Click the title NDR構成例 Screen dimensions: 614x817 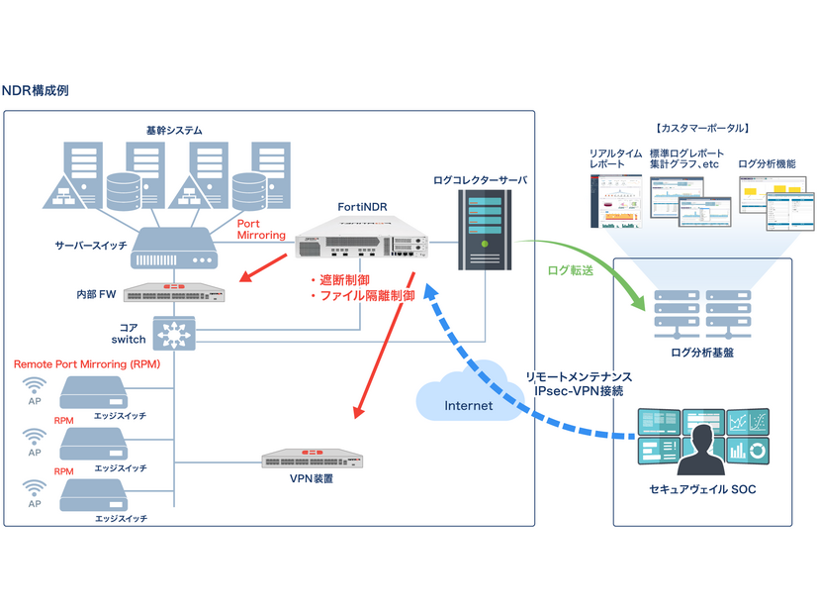click(x=35, y=91)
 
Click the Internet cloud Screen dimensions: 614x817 click(x=467, y=400)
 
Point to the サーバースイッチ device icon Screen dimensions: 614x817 click(x=175, y=248)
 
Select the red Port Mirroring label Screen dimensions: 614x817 click(x=261, y=229)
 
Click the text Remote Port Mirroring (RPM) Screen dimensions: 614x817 click(x=85, y=364)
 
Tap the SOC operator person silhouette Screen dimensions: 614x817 click(x=705, y=445)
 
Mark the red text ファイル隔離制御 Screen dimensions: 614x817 click(x=361, y=296)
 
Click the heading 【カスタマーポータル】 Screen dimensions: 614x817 click(x=701, y=128)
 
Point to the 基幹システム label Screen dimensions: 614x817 click(x=174, y=130)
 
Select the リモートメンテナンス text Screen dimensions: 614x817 click(x=580, y=378)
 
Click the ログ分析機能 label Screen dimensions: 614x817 click(x=767, y=163)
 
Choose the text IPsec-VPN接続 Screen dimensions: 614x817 click(x=580, y=393)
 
